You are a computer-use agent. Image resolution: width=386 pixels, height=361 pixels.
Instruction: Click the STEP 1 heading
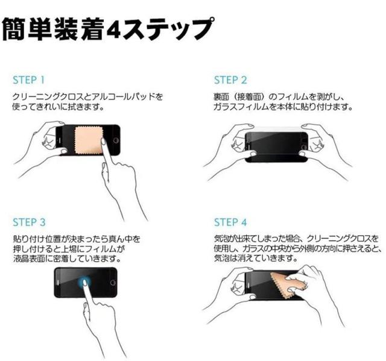[x=28, y=80]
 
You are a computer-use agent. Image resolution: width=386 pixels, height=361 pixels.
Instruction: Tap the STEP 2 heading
[x=230, y=80]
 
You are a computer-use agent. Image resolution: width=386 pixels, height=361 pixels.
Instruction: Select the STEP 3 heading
[x=29, y=222]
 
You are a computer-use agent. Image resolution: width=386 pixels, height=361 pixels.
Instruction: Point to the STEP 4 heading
[x=230, y=222]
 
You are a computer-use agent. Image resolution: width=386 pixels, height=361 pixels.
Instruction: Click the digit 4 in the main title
[x=114, y=30]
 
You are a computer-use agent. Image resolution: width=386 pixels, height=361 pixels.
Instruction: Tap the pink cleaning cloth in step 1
[x=88, y=140]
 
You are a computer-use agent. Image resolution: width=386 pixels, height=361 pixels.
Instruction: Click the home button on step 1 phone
[x=115, y=140]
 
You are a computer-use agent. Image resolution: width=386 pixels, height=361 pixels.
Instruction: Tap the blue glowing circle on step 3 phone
[x=84, y=281]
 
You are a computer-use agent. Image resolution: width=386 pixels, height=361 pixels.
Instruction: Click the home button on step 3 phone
[x=113, y=283]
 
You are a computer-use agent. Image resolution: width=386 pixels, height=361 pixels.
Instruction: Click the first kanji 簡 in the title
[x=14, y=30]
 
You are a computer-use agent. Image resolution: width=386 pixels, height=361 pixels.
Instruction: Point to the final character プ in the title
[x=200, y=28]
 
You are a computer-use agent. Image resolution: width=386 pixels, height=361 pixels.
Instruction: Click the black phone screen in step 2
[x=276, y=147]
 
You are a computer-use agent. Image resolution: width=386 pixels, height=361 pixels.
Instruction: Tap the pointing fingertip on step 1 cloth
[x=104, y=141]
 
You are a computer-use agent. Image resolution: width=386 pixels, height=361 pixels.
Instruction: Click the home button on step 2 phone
[x=305, y=147]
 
